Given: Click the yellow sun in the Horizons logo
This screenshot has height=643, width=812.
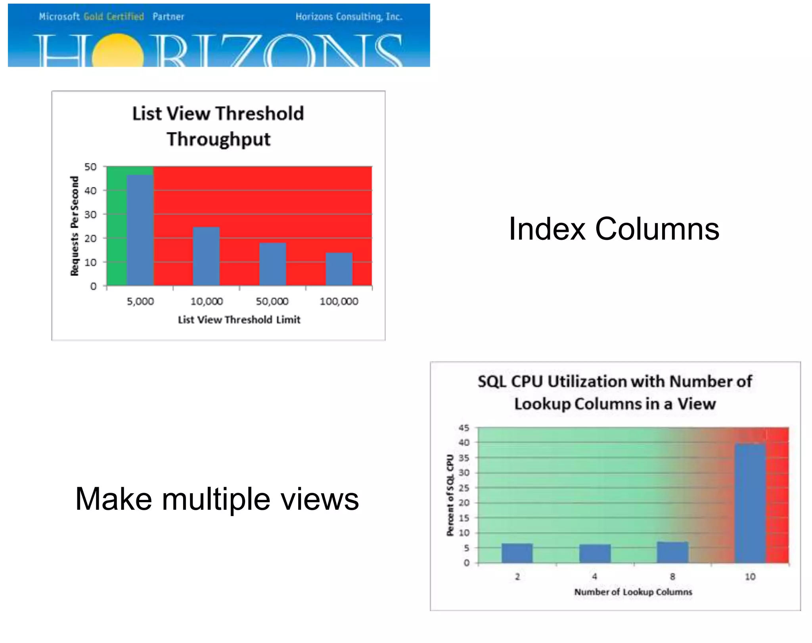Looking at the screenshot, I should click(x=118, y=52).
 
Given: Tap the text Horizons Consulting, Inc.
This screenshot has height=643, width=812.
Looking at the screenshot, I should click(x=349, y=17).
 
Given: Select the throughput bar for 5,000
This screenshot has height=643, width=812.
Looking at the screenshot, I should click(x=140, y=230).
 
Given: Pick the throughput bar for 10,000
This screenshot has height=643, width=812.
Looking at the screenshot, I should click(x=206, y=256).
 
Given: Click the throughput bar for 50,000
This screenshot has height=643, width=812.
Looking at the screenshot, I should click(x=273, y=264).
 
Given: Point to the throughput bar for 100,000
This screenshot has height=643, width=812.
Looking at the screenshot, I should click(x=339, y=269).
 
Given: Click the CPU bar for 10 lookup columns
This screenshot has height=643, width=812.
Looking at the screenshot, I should click(x=750, y=503).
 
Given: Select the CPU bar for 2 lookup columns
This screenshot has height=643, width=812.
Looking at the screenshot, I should click(x=517, y=553).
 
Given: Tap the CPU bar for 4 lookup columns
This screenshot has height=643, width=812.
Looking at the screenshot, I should click(x=595, y=553).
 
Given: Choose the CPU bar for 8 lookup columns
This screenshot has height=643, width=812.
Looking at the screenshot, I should click(x=672, y=552).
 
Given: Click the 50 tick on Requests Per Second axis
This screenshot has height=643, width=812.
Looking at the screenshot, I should click(x=90, y=167).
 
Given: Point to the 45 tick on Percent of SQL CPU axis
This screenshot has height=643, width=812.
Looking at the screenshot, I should click(x=464, y=428).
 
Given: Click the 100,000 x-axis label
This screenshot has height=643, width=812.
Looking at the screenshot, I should click(x=339, y=301).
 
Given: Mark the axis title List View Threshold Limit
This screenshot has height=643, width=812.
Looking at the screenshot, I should click(x=239, y=320).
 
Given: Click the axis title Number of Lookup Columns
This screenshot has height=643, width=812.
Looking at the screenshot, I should click(x=633, y=592).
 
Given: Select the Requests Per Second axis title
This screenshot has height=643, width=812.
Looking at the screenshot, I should click(x=75, y=226).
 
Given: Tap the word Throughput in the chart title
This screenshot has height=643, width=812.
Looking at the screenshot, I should click(x=218, y=139).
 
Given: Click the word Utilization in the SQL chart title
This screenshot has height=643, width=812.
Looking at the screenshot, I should click(x=586, y=381).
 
